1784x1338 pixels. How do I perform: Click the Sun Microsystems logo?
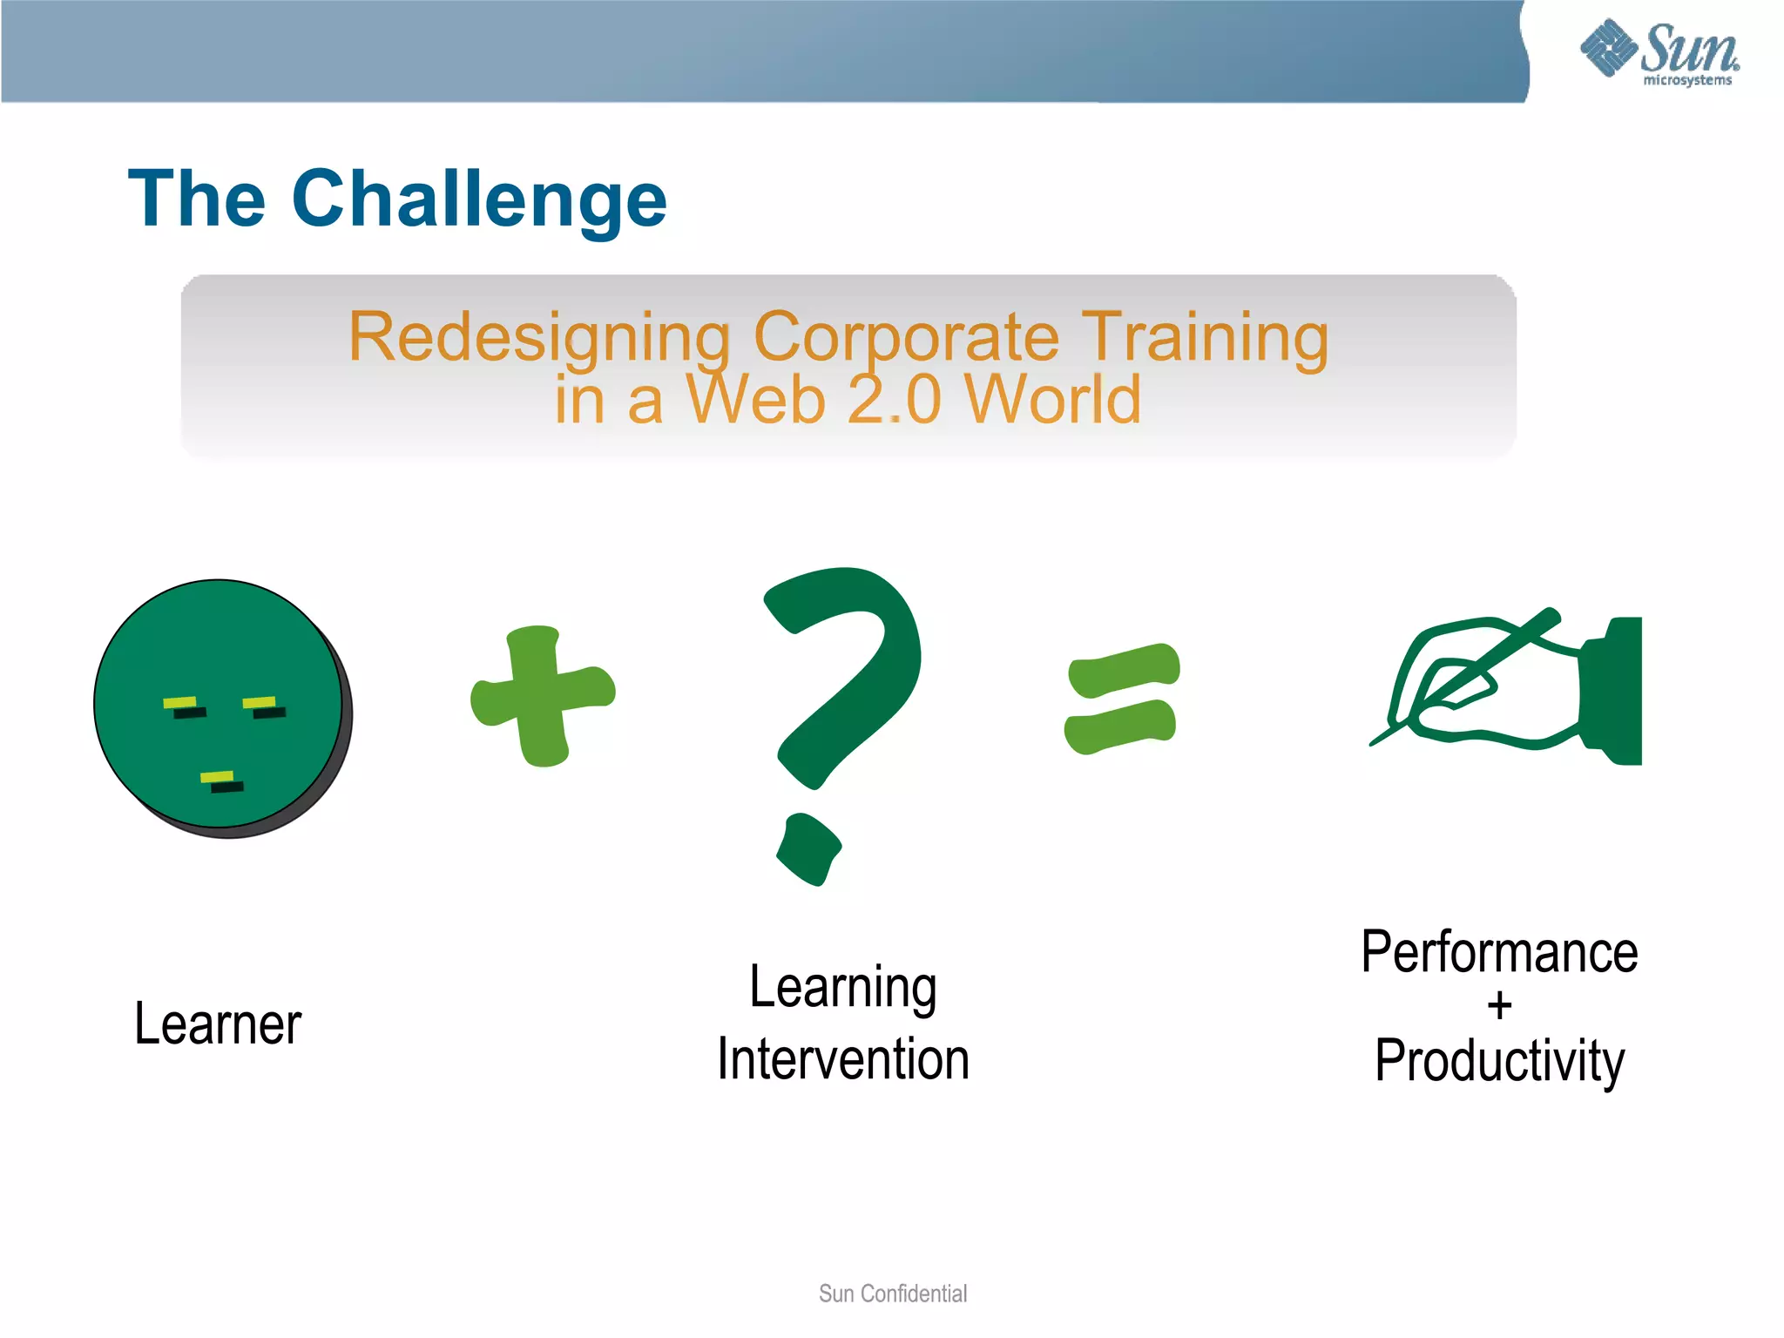click(1659, 52)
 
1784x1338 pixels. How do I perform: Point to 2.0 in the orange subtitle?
click(895, 401)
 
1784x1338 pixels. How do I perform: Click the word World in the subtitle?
click(1053, 401)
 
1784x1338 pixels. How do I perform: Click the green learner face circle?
click(218, 662)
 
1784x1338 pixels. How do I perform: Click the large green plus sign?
click(543, 696)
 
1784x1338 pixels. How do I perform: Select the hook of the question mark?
click(858, 662)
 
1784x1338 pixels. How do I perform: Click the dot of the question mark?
click(809, 849)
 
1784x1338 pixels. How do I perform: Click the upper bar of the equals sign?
click(1124, 671)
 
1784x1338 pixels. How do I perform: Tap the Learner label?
click(218, 1024)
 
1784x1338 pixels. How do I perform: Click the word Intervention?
click(843, 1060)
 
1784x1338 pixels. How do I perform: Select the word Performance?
click(1499, 952)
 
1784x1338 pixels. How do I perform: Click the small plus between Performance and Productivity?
click(1499, 1006)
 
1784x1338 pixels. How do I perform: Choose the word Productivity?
click(1499, 1061)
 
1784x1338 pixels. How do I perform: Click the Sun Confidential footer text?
click(892, 1294)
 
